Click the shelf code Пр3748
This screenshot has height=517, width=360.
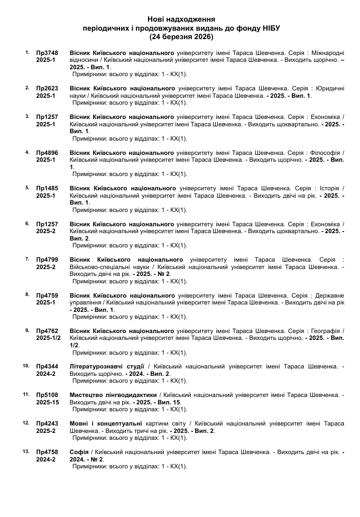coord(47,53)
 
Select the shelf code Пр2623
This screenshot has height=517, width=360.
coord(47,88)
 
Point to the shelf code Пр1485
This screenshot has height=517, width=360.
coord(47,188)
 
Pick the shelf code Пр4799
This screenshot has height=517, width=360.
coord(47,260)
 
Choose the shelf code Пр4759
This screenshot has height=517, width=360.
coord(47,295)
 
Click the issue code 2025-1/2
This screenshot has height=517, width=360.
coord(49,338)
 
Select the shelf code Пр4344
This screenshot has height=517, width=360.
coord(47,366)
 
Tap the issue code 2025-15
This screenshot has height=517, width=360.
coord(48,402)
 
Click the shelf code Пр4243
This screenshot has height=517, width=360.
coord(47,423)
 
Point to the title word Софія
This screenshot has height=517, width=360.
coord(79,452)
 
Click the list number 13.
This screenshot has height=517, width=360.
coord(26,451)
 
